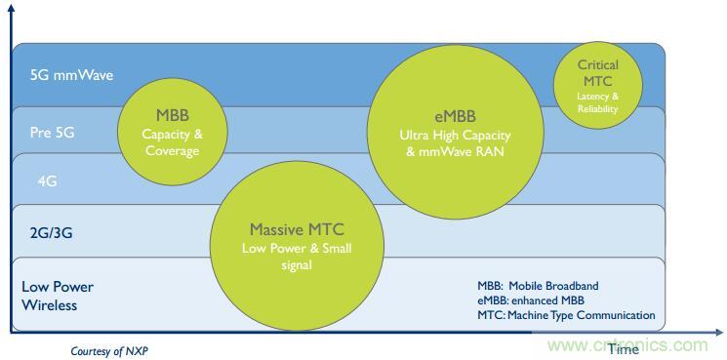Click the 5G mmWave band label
tap(71, 75)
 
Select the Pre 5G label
tap(52, 133)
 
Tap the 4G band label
tap(47, 180)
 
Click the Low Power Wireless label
tap(58, 296)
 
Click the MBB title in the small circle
tap(172, 115)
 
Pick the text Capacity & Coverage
tap(173, 143)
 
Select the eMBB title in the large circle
tap(456, 117)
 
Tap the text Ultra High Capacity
tap(456, 136)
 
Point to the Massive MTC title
tap(298, 229)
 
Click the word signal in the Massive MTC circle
tap(297, 266)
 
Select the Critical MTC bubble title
tap(597, 73)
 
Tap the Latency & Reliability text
tap(597, 102)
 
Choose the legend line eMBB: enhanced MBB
tap(531, 300)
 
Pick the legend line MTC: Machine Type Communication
tap(566, 315)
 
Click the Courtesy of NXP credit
tap(111, 351)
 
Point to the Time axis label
tap(624, 349)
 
